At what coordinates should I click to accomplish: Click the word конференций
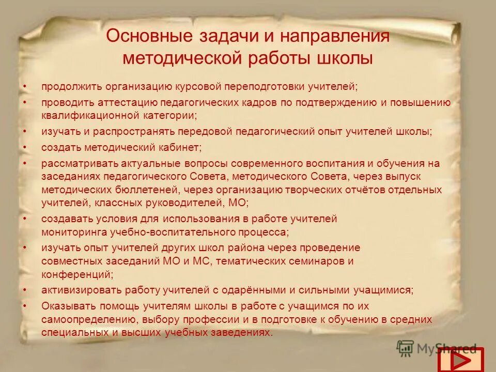tap(75, 273)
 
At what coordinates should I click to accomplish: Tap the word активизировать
tap(80, 289)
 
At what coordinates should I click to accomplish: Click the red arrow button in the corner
tap(460, 359)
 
